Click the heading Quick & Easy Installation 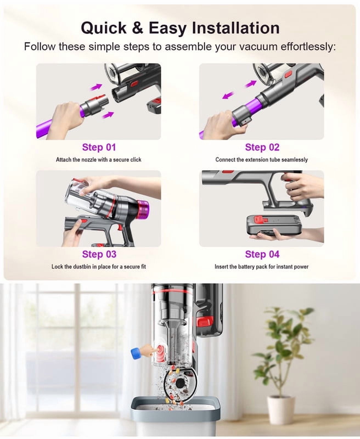pos(180,28)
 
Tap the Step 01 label pos(99,147)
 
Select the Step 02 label pos(262,147)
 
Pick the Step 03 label pos(99,254)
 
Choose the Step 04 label pos(262,254)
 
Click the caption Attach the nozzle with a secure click pos(99,160)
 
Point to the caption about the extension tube pos(261,160)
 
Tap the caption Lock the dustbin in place pos(99,267)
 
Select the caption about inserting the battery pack pos(261,267)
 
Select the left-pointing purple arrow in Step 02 pos(228,95)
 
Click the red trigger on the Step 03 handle pos(120,227)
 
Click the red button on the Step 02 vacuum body pos(288,75)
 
